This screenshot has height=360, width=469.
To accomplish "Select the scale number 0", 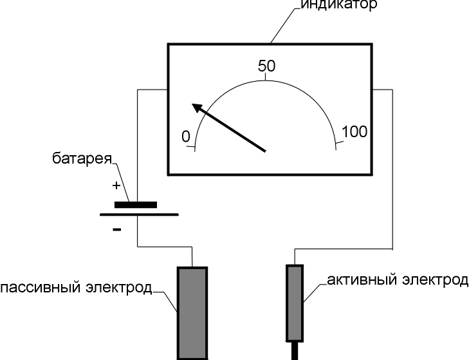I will tap(186, 137).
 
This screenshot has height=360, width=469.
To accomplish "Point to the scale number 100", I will tap(354, 132).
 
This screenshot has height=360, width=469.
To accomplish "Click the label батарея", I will tap(82, 158).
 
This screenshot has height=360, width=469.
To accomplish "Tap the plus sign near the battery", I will tap(116, 186).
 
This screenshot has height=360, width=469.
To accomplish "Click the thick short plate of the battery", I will tap(135, 205).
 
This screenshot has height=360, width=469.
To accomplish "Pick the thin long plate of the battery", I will tap(138, 214).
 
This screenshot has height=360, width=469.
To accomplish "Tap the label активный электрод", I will tap(397, 280).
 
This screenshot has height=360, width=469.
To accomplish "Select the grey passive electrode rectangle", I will tap(192, 312).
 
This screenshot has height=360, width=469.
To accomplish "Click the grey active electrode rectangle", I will tap(295, 301).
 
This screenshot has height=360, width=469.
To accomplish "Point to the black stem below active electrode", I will tap(295, 350).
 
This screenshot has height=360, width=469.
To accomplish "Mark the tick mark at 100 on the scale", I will tap(339, 143).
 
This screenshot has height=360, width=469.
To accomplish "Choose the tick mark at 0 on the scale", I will tap(191, 147).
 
